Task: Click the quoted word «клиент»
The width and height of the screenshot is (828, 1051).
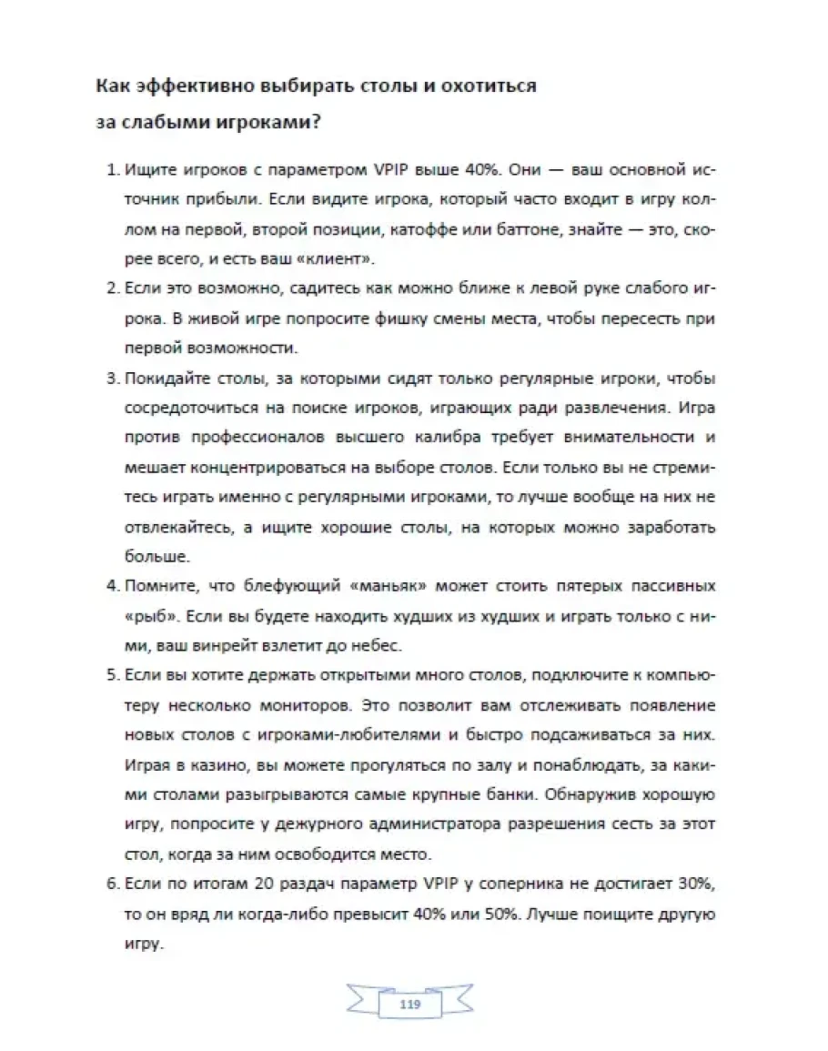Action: click(340, 259)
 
